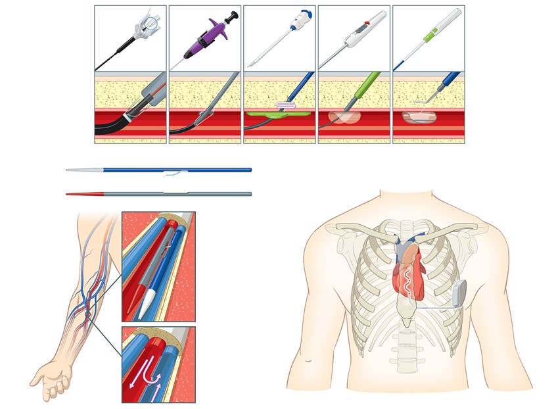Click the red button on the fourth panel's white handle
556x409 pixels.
click(x=363, y=28)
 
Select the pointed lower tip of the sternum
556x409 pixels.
click(x=408, y=323)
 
